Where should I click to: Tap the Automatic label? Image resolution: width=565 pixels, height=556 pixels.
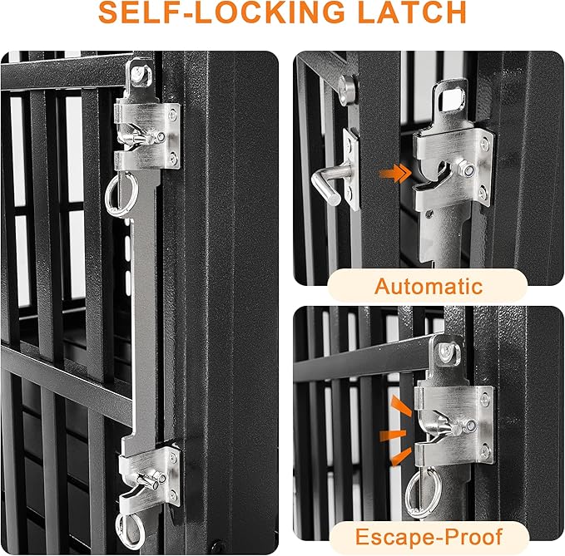pos(428,287)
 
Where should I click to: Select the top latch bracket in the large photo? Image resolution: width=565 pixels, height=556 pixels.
pos(147,135)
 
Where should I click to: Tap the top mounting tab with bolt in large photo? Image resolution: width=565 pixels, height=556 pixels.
pos(139,76)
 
